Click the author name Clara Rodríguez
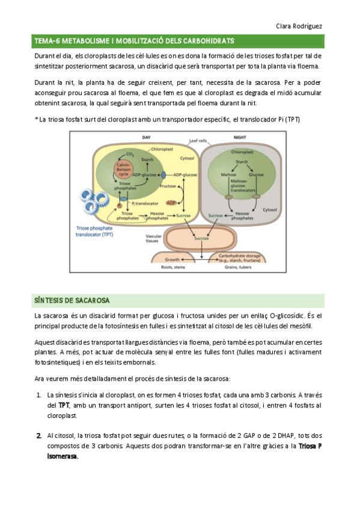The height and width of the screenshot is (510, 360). pyautogui.click(x=299, y=26)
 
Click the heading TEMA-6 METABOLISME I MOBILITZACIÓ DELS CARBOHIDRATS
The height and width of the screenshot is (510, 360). pyautogui.click(x=134, y=41)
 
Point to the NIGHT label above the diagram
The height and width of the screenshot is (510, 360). pyautogui.click(x=239, y=138)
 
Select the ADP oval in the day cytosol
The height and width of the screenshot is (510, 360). pyautogui.click(x=171, y=203)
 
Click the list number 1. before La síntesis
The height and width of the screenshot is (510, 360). pyautogui.click(x=39, y=395)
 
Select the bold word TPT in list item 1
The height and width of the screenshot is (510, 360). pyautogui.click(x=64, y=406)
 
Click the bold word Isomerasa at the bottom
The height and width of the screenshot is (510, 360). pyautogui.click(x=63, y=456)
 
